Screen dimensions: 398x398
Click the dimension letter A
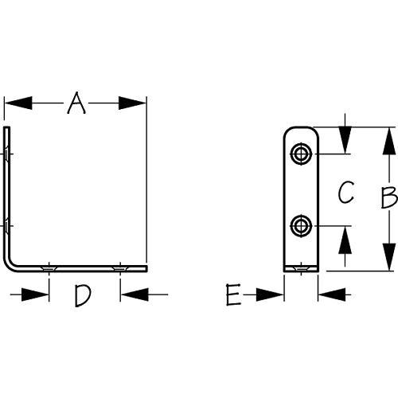click(76, 103)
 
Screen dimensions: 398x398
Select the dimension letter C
click(345, 193)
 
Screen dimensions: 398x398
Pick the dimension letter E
click(232, 296)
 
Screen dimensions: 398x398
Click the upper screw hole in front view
click(301, 153)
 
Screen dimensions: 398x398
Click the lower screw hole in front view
click(301, 225)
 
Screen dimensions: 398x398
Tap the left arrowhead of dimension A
click(18, 103)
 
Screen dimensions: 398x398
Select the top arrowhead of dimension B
click(388, 141)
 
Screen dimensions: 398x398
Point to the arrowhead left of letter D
click(36, 295)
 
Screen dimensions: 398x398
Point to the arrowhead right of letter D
click(133, 295)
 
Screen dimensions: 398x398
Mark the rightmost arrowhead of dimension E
click(332, 295)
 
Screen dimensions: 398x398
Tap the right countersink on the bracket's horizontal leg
click(119, 267)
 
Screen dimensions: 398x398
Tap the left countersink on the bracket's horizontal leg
click(49, 267)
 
